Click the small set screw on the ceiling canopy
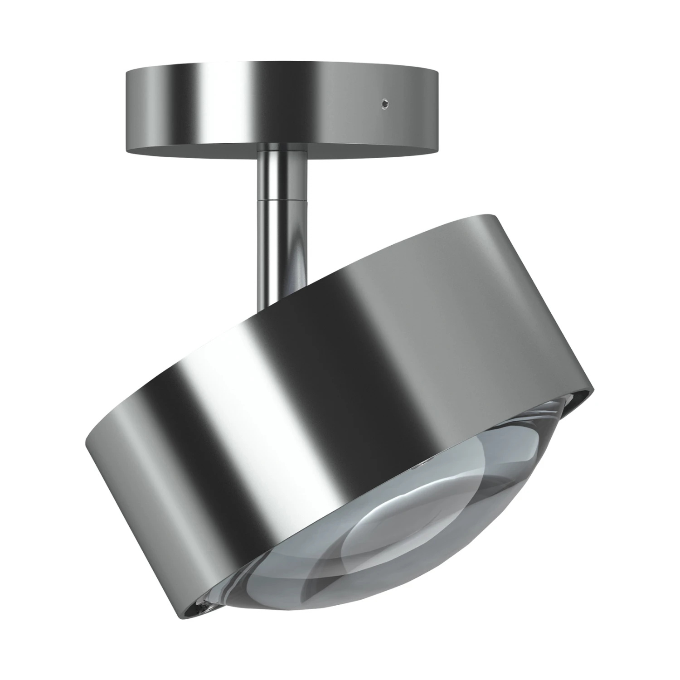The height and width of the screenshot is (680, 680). pos(384,103)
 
